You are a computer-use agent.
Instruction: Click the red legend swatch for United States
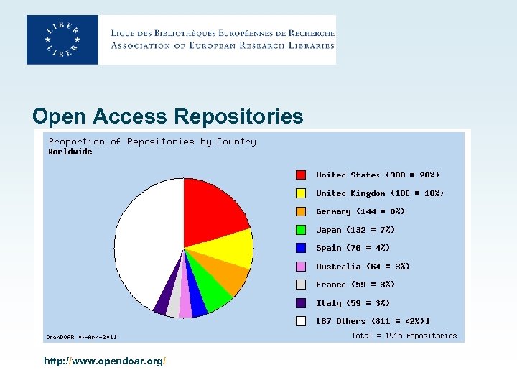[x=301, y=175]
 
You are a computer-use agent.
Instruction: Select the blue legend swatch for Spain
[x=301, y=248]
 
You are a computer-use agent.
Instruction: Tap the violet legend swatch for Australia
[x=301, y=267]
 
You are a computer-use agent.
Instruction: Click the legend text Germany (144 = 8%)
[x=360, y=211]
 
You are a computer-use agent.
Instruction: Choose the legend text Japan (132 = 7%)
[x=355, y=230]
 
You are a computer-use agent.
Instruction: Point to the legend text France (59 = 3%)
[x=355, y=285]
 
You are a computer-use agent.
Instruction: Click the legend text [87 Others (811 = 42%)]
[x=373, y=321]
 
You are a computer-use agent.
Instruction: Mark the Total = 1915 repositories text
[x=404, y=336]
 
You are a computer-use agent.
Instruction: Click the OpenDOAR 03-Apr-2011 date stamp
[x=81, y=336]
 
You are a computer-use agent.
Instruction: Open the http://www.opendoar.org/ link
[x=106, y=359]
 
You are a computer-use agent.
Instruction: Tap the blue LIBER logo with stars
[x=62, y=40]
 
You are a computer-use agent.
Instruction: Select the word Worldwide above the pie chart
[x=70, y=152]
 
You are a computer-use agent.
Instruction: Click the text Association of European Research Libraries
[x=223, y=46]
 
